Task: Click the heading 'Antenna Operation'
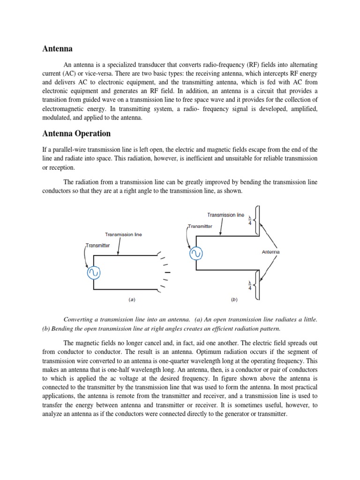[76, 134]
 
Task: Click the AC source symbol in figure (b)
[195, 254]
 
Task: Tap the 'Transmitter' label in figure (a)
[98, 245]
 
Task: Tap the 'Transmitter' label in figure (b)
[200, 226]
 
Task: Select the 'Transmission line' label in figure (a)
[124, 234]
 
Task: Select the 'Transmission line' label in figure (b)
[225, 215]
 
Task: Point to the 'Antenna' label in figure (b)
[270, 252]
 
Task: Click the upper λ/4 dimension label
[250, 219]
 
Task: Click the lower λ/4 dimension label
[250, 285]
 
